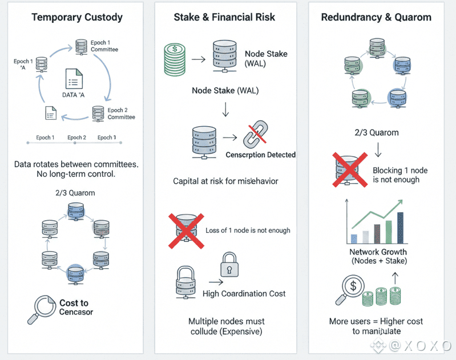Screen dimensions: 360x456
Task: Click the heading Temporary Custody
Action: pyautogui.click(x=77, y=17)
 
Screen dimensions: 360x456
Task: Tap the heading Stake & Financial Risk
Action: pyautogui.click(x=224, y=17)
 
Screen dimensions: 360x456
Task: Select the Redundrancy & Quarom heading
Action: pyautogui.click(x=376, y=17)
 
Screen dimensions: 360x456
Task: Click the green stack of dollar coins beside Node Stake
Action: pyautogui.click(x=175, y=59)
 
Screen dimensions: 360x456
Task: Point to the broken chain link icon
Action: pyautogui.click(x=255, y=137)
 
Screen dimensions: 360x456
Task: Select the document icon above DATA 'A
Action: pyautogui.click(x=75, y=79)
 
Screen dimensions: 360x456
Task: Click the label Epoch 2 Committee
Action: pyautogui.click(x=121, y=114)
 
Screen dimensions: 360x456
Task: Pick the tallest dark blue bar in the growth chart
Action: pyautogui.click(x=400, y=228)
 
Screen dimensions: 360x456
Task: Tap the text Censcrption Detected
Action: pyautogui.click(x=261, y=155)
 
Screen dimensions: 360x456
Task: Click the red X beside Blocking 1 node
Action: pyautogui.click(x=350, y=169)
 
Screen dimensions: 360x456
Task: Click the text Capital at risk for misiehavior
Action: pyautogui.click(x=225, y=181)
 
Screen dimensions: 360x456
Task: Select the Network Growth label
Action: pyautogui.click(x=378, y=252)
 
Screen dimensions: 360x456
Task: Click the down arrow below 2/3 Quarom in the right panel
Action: pyautogui.click(x=377, y=150)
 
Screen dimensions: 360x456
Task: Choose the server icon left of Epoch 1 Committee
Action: pyautogui.click(x=80, y=45)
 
